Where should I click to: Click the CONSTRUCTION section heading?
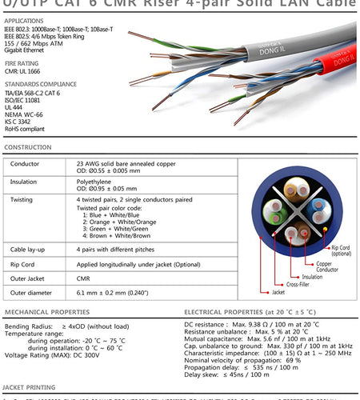tap(29, 148)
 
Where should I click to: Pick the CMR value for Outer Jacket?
tap(83, 278)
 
